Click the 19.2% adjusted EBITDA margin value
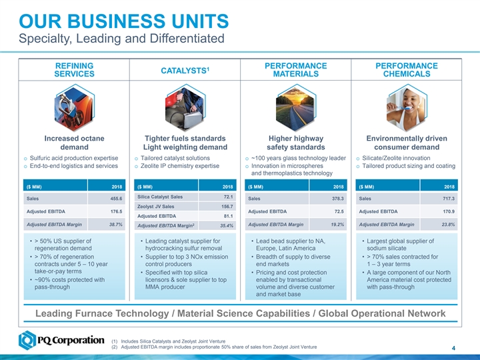pyautogui.click(x=335, y=224)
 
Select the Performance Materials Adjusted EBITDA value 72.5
pyautogui.click(x=336, y=211)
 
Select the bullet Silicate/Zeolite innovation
pyautogui.click(x=401, y=158)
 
